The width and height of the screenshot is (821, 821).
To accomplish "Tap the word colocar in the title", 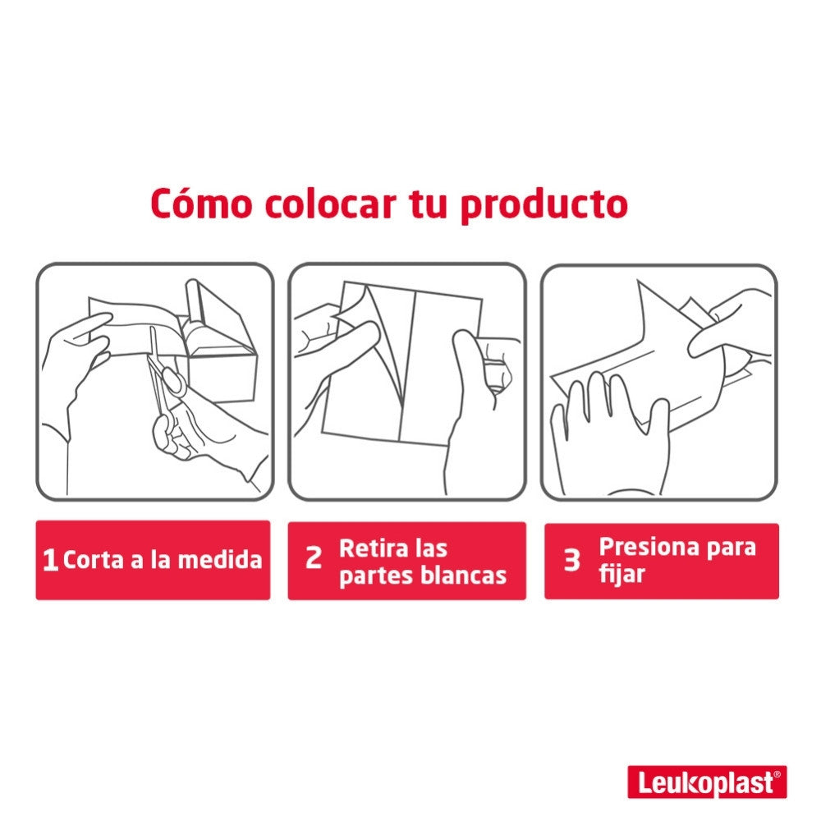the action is click(330, 204).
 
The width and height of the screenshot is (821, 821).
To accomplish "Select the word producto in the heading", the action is click(544, 206).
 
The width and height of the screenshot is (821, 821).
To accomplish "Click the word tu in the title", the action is click(428, 204).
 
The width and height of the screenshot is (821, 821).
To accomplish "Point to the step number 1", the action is click(50, 560).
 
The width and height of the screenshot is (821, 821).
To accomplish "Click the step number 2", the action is click(314, 558).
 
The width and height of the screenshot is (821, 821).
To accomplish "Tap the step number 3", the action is click(571, 560).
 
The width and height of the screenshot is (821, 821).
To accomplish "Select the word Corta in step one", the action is click(94, 560).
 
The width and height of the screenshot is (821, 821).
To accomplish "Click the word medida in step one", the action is click(220, 559).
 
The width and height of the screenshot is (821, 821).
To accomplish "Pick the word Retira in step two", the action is click(374, 548).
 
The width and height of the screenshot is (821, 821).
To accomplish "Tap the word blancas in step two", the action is click(464, 576).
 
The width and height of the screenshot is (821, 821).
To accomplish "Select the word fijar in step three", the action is click(621, 575).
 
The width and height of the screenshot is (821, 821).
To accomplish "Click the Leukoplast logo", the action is click(708, 782).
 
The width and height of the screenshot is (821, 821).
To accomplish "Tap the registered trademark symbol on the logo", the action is click(777, 774).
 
